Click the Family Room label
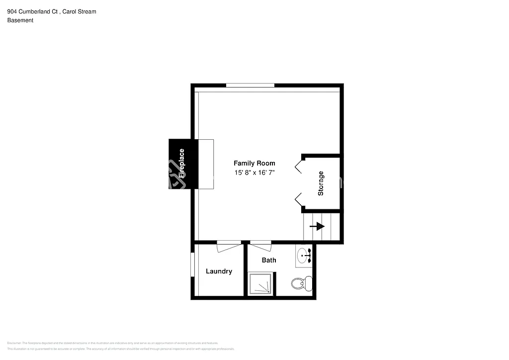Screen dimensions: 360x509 coord(254,163)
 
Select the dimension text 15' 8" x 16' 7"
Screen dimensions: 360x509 coord(254,173)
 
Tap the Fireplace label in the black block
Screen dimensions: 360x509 coord(182,164)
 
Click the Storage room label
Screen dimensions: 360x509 coord(321,183)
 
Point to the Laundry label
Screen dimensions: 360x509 coord(219,271)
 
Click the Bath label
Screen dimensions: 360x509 coord(269,260)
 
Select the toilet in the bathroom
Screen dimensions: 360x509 coord(299,283)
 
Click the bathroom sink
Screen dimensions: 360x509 coord(304,256)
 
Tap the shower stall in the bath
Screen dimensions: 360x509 coord(261,283)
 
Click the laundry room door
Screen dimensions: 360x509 coord(229,244)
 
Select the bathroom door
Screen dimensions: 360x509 coord(260,244)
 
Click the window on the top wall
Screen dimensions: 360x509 coord(250,86)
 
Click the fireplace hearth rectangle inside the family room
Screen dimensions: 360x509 coord(206,164)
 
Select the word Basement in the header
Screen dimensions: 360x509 coord(20,20)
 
